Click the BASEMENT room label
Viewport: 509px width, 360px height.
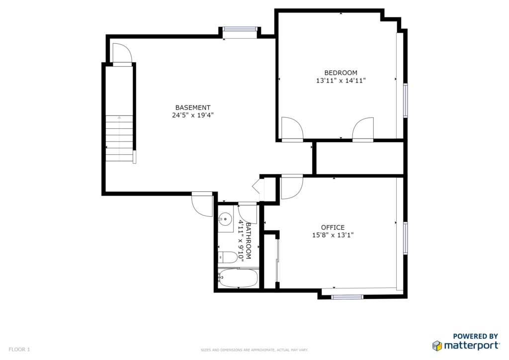pos(193,107)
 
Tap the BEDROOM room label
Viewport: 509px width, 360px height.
pos(341,73)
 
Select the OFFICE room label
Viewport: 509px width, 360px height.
pos(333,227)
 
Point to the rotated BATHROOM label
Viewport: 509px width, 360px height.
pos(249,241)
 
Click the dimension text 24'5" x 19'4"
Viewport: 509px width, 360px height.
pos(193,115)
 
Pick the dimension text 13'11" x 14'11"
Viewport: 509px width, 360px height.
pos(341,81)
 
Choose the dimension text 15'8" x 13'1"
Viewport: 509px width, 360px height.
pos(333,235)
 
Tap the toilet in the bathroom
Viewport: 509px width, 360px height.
pos(228,258)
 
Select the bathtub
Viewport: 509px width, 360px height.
pos(238,278)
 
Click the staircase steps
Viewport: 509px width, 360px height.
pos(119,138)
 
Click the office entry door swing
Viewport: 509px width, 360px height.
pos(292,187)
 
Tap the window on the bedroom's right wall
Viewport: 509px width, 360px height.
pos(406,100)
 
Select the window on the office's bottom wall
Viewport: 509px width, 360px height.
pos(347,297)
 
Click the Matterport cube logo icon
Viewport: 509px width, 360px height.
pos(437,346)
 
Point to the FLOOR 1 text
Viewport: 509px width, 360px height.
pos(19,350)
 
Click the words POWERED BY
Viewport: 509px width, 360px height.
pos(475,336)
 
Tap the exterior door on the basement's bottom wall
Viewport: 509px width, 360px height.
pos(202,204)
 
